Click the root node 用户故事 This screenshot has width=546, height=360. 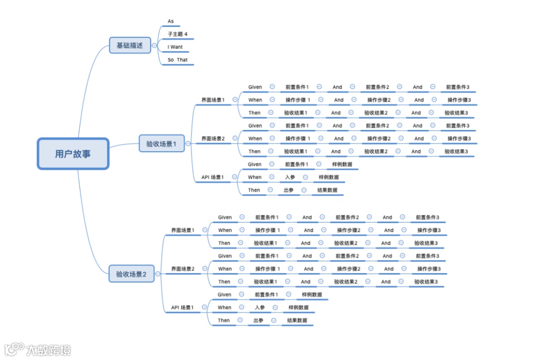73,154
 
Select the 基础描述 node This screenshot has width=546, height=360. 130,46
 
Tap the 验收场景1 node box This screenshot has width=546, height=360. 161,144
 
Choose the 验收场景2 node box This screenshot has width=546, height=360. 131,274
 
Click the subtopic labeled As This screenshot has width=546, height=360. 171,21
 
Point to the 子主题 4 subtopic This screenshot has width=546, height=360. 177,34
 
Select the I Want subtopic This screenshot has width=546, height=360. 175,47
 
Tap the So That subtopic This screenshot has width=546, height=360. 177,60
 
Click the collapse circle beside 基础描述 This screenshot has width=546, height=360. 154,46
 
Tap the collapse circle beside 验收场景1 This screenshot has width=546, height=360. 188,144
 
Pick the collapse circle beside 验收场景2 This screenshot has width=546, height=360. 158,274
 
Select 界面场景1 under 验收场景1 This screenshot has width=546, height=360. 213,100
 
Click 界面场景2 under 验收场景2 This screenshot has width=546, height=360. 183,269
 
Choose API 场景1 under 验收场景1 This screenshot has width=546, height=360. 212,177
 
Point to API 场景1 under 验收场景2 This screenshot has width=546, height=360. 182,307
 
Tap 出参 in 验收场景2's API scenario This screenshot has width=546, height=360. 258,320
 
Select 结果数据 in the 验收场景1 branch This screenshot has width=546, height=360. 327,190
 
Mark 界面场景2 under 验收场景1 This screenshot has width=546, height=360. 213,139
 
